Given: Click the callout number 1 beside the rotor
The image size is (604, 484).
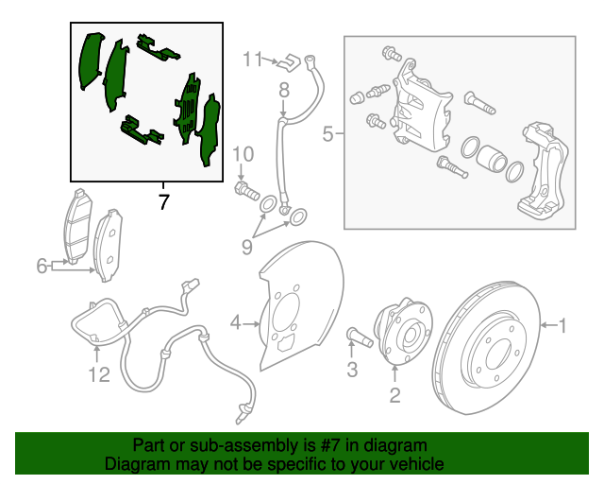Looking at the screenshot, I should pos(562,326).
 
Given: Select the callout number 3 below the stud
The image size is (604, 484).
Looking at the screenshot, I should pos(352,371).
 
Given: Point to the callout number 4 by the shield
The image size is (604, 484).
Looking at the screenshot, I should pos(235,324).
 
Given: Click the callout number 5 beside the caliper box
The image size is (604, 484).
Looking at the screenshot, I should pos(327,134).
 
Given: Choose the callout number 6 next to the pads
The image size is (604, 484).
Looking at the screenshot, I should pos(42,267).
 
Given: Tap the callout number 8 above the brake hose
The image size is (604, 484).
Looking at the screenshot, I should pos(283,91).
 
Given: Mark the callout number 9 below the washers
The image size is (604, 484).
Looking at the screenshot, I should pos(247,247).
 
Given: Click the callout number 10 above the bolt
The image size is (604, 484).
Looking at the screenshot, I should pos(243,154).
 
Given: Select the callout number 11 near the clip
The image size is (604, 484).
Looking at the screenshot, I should pos(250,60).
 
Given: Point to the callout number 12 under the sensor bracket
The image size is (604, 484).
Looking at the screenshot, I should pos(99,375).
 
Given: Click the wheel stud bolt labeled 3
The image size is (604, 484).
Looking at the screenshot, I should pos(356,335).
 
